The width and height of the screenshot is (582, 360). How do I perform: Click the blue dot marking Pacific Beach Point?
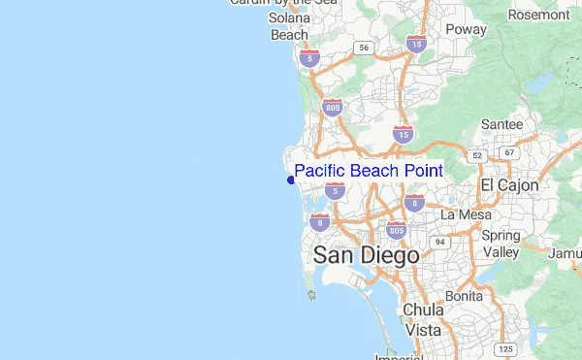(x=291, y=180)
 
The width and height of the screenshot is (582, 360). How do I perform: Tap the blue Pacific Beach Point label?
(x=369, y=171)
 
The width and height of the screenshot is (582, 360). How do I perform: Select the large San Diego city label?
(x=366, y=255)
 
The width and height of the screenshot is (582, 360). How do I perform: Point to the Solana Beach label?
(x=289, y=26)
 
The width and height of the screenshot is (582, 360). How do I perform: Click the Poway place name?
(x=465, y=30)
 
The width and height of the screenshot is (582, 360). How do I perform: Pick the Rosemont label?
(x=538, y=15)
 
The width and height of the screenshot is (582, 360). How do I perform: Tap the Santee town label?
(x=502, y=125)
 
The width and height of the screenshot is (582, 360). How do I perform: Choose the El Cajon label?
(x=508, y=184)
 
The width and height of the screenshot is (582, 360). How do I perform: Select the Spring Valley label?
(x=501, y=244)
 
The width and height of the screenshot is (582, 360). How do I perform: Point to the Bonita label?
(x=464, y=296)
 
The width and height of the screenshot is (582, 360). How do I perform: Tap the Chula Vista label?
(x=423, y=320)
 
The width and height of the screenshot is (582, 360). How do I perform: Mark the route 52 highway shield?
(x=475, y=155)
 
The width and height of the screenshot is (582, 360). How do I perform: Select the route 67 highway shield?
(x=508, y=153)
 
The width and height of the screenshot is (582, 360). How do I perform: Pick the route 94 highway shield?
(x=439, y=241)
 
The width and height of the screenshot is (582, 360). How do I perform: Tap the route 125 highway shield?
(x=504, y=348)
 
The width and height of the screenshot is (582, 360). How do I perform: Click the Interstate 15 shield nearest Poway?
(x=416, y=45)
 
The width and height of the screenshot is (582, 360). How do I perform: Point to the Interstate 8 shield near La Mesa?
(x=414, y=203)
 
